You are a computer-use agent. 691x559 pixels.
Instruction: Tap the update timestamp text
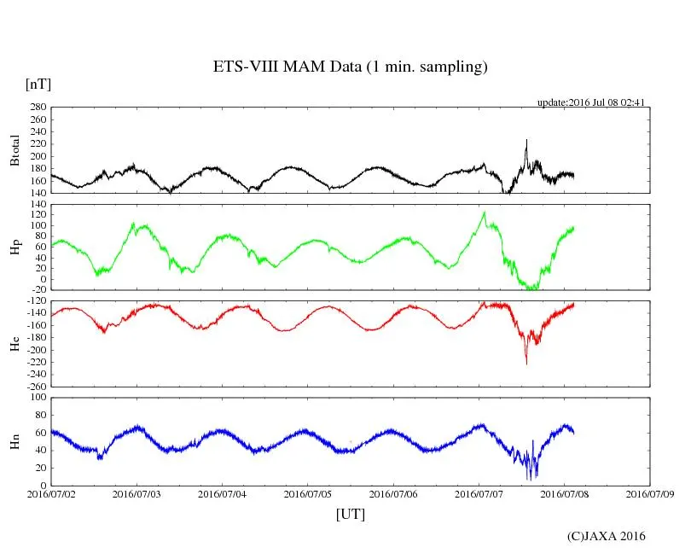589,102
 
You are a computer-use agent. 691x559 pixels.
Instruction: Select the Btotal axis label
15,150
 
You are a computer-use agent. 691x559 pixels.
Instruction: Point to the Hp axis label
15,247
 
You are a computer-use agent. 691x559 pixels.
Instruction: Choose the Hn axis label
15,441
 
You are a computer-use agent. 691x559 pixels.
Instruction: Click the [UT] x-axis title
350,515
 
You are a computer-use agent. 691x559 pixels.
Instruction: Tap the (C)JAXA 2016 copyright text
606,536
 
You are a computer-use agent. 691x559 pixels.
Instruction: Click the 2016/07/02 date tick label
51,494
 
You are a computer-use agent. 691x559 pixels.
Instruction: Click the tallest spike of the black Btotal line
526,140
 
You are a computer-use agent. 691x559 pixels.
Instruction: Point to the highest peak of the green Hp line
484,213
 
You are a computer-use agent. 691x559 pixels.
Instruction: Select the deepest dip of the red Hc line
526,364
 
